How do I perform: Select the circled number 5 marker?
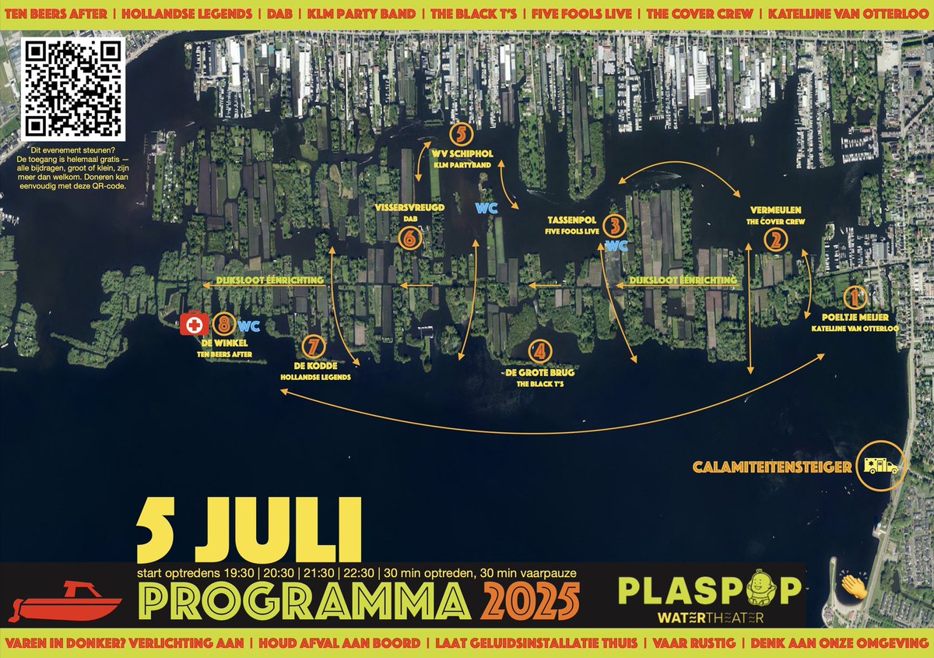(x=462, y=132)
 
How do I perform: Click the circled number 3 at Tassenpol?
(x=615, y=227)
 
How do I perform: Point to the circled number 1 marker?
(x=854, y=297)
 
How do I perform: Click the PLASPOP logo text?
(x=708, y=589)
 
